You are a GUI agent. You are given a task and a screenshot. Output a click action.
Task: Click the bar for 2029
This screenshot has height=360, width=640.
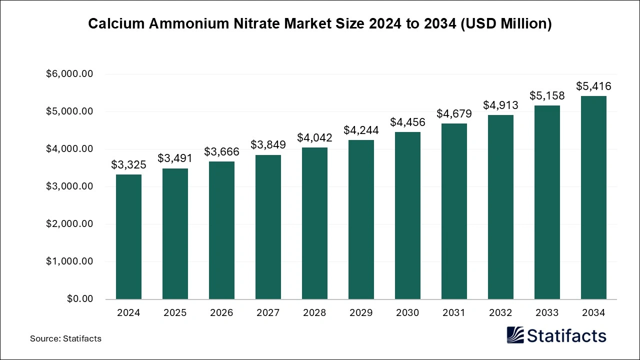click(x=361, y=219)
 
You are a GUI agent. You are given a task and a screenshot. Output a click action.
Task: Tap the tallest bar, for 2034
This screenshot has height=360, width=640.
click(x=593, y=197)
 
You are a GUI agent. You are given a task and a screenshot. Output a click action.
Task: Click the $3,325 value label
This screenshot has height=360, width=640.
click(x=128, y=164)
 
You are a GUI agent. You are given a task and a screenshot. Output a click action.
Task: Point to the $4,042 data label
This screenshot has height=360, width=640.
click(x=314, y=137)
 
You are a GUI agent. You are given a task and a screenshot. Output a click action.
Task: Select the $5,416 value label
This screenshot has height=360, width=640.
click(x=593, y=86)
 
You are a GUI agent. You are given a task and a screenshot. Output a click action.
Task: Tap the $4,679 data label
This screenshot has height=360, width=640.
click(x=454, y=113)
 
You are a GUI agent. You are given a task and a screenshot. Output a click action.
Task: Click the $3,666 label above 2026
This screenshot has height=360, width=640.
click(x=221, y=151)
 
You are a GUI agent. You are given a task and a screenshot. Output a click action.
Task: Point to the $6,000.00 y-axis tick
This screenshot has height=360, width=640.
click(x=69, y=74)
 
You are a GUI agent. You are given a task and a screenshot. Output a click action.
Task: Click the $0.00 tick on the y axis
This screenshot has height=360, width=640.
click(x=79, y=299)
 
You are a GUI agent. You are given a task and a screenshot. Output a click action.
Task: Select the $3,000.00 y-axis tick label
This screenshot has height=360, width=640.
click(x=69, y=186)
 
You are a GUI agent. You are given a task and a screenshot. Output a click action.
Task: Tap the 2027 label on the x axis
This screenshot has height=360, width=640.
click(x=268, y=313)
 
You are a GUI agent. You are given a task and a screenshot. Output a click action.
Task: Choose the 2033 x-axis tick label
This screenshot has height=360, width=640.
click(x=547, y=313)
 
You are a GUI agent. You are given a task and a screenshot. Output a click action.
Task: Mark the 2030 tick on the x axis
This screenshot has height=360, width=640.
click(x=407, y=313)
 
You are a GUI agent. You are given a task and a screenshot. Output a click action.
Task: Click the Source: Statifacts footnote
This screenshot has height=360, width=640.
click(x=65, y=338)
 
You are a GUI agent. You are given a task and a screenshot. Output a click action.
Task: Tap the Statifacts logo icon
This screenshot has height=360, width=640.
click(x=515, y=335)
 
